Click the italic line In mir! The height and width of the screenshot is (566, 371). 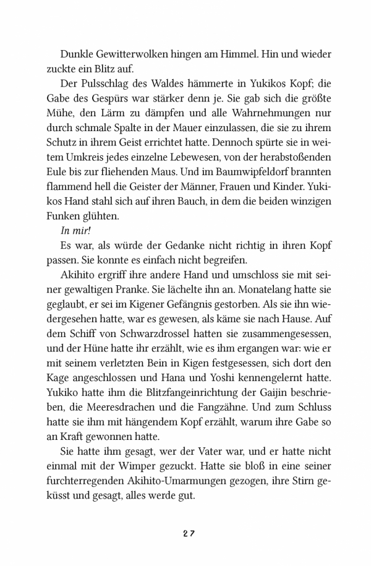pos(61,248)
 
